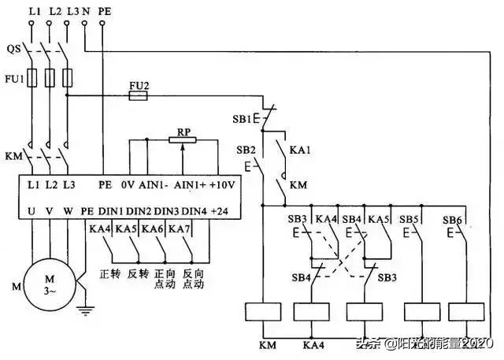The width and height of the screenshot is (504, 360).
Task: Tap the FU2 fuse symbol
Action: pyautogui.click(x=138, y=95)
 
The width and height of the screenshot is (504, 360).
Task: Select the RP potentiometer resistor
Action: pyautogui.click(x=183, y=139)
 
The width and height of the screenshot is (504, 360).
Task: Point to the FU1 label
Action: pyautogui.click(x=13, y=79)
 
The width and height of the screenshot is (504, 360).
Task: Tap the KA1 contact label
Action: pyautogui.click(x=299, y=149)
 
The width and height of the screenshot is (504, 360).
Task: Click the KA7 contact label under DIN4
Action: pyautogui.click(x=180, y=228)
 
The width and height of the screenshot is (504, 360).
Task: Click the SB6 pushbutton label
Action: pyautogui.click(x=451, y=219)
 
